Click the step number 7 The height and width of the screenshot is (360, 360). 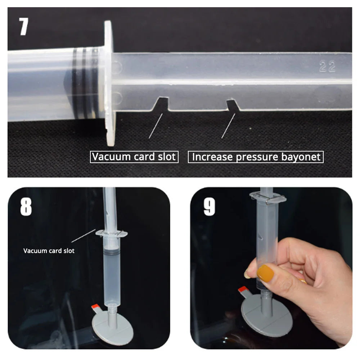[24, 27]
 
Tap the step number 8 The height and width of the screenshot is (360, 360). [26, 207]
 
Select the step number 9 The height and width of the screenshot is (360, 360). [210, 207]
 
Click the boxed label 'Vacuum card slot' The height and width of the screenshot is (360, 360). [134, 157]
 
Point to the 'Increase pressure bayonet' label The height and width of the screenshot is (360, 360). [256, 157]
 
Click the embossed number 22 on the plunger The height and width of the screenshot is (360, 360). [327, 67]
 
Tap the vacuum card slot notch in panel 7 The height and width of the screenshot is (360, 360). [162, 104]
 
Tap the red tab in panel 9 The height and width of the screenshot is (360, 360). [242, 290]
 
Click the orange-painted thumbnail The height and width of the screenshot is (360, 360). [265, 273]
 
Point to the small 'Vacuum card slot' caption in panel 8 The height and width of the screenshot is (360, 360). [49, 251]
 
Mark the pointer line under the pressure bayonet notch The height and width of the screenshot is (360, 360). [228, 126]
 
